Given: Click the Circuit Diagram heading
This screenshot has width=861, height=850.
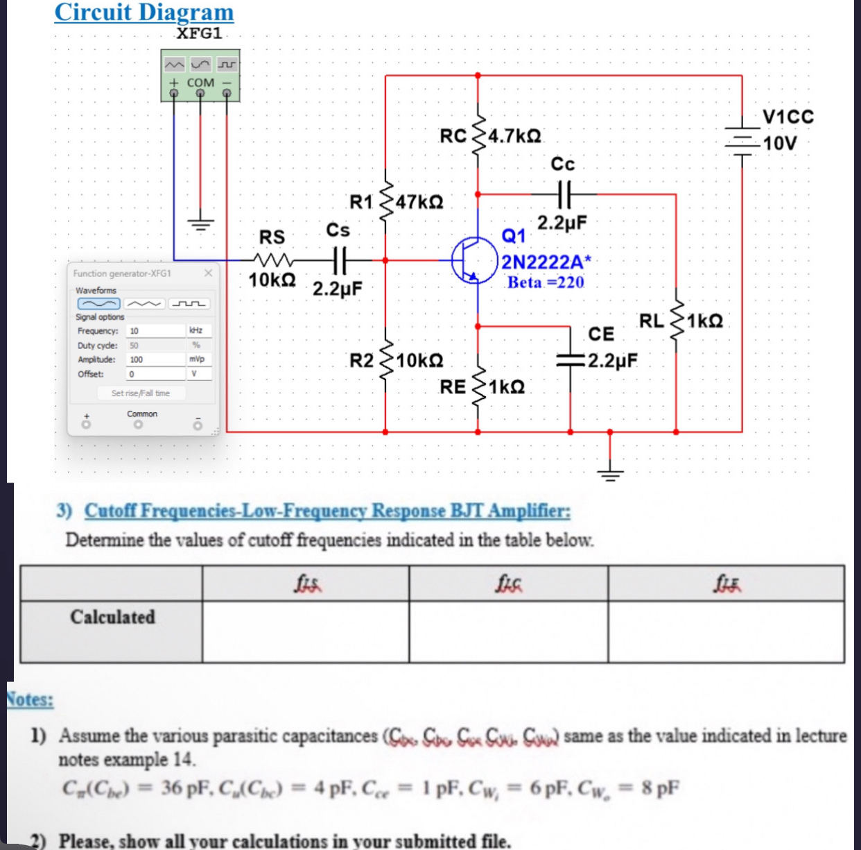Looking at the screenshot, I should tap(144, 12).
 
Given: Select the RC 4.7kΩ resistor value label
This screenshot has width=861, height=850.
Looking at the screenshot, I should tap(515, 135).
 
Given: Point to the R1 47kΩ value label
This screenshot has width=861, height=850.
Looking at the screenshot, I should tap(420, 203).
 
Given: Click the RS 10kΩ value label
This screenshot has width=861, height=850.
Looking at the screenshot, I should tap(272, 280).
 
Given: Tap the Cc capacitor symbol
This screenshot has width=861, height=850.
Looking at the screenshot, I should tap(563, 194).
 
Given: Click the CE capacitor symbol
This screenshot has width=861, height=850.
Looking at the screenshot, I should tap(571, 359).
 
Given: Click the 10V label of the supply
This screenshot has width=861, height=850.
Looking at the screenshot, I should tap(780, 144).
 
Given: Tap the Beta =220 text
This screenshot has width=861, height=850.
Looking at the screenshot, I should tap(546, 282).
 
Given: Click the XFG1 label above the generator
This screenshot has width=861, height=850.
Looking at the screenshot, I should tap(200, 33).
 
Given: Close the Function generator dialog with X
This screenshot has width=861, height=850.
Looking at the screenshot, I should tap(208, 273).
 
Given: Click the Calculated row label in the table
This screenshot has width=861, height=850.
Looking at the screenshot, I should tap(112, 617).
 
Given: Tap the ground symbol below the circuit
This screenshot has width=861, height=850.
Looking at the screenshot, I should tap(610, 473).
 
